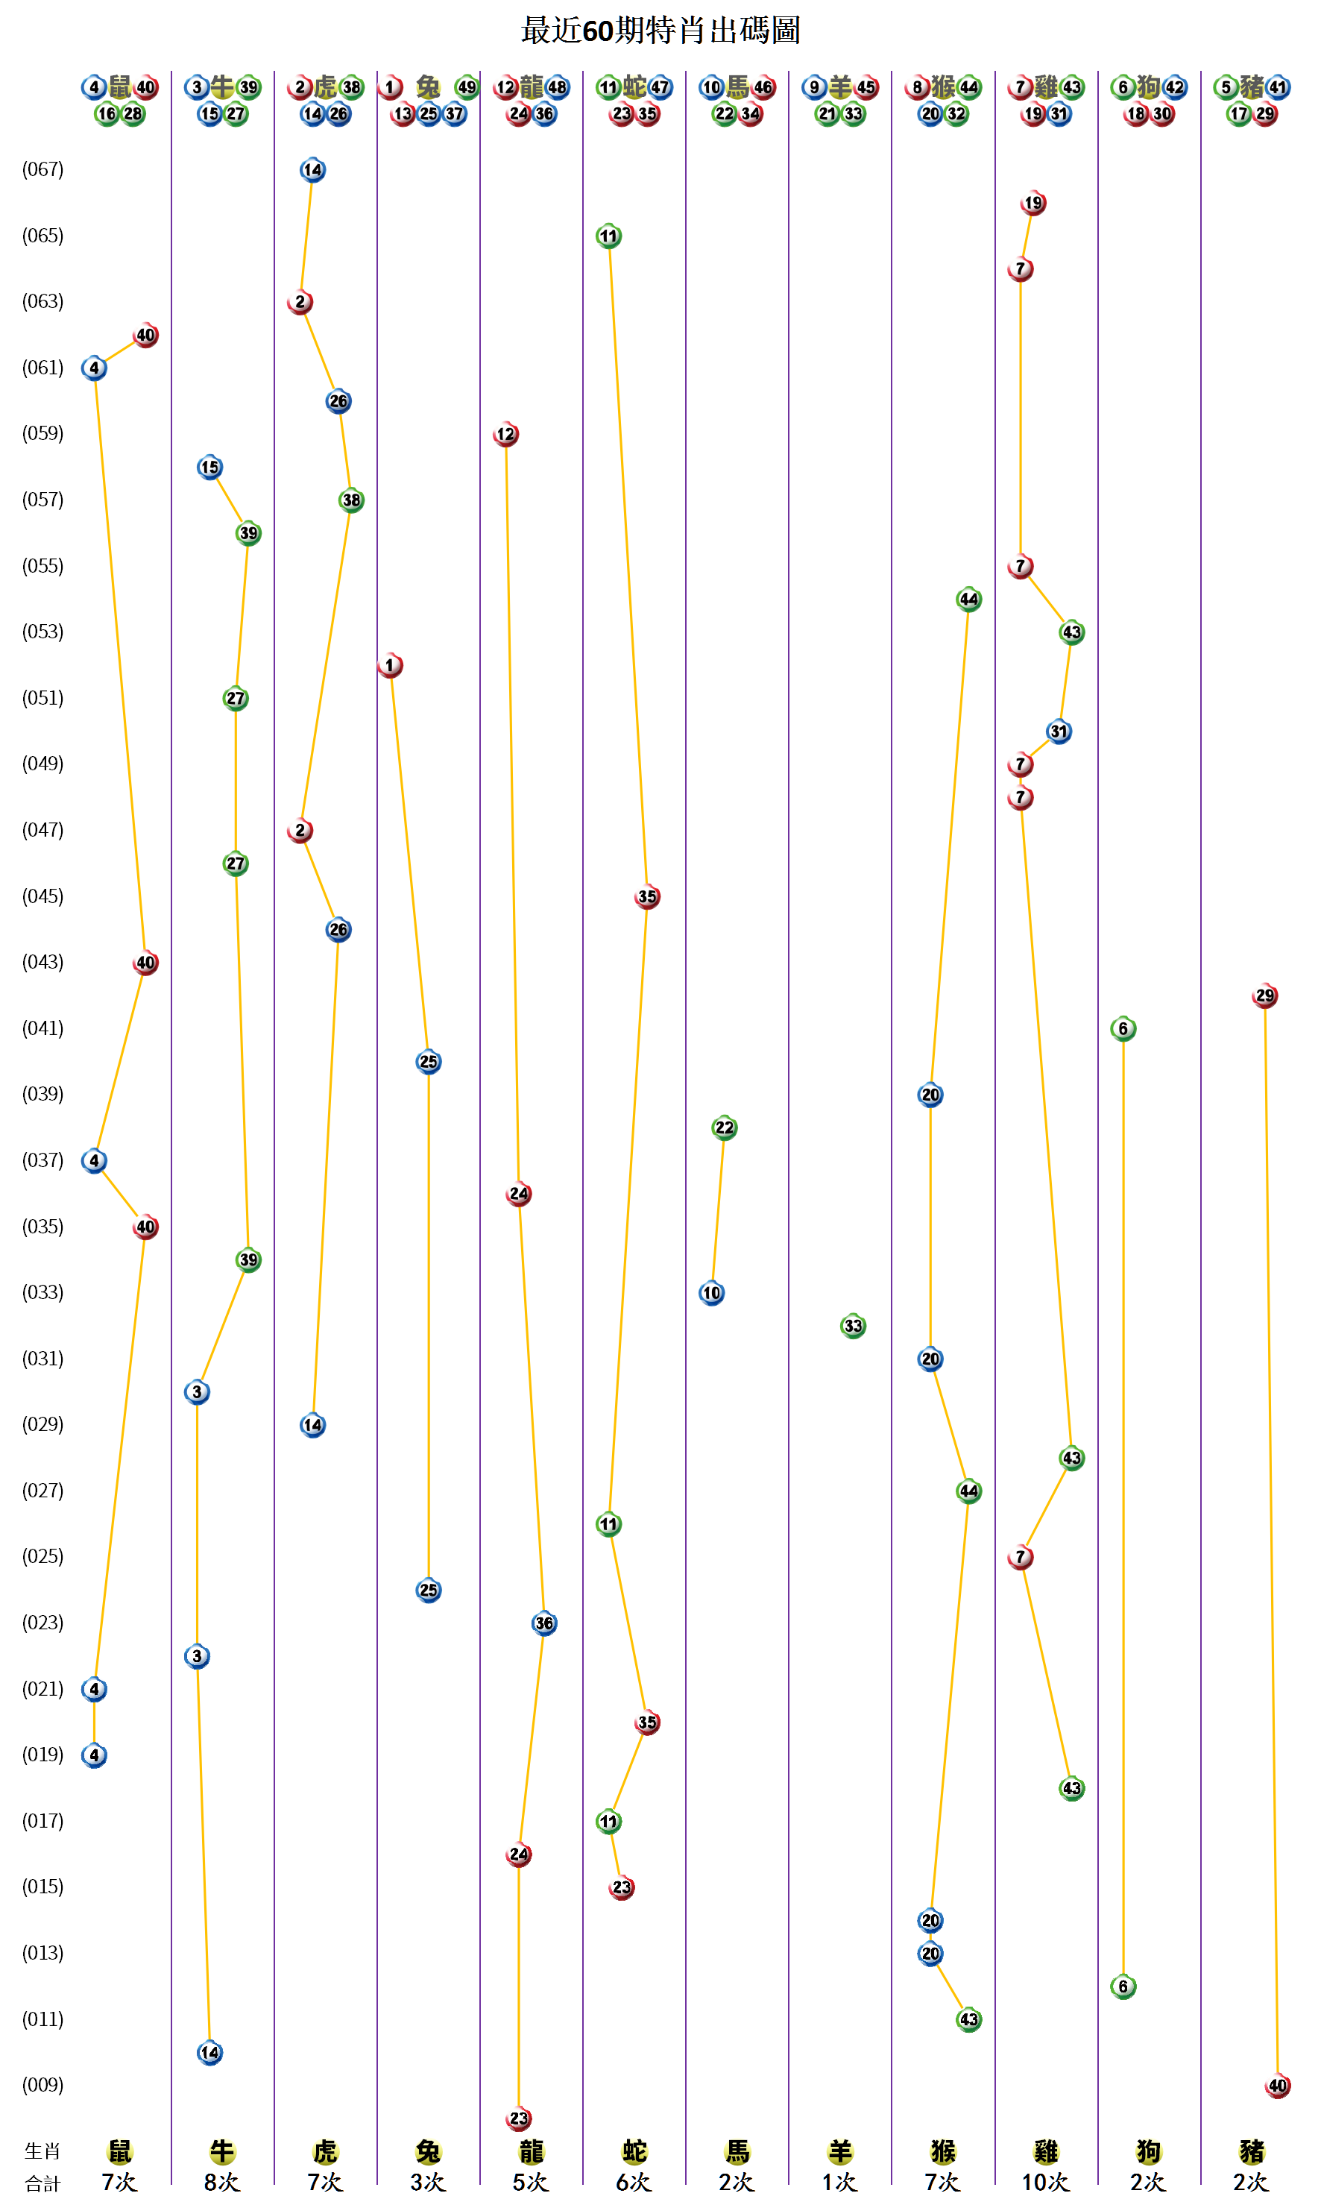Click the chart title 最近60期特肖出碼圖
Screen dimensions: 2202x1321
coord(660,31)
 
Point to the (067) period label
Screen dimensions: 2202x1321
coord(42,169)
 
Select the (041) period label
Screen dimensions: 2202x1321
coord(42,1028)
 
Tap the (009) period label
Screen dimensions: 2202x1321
coord(42,2084)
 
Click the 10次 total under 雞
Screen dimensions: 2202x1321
coord(1045,2183)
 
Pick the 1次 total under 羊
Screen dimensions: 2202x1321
coord(839,2183)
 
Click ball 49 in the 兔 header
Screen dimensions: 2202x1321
coord(467,87)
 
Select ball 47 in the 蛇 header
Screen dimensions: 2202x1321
coord(660,87)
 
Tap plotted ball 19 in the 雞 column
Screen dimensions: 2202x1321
coord(1032,203)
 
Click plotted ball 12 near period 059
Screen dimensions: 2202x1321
coord(505,435)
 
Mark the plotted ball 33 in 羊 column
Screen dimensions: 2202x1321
coord(853,1326)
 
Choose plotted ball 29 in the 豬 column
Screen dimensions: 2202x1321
coord(1264,995)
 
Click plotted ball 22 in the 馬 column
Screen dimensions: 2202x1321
coord(725,1128)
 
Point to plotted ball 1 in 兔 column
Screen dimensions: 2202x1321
coord(390,665)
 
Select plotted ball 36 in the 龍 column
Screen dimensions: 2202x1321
coord(544,1623)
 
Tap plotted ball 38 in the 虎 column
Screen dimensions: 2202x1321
coord(352,500)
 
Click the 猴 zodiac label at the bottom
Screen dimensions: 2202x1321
coord(943,2152)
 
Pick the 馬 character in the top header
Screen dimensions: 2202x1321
coord(737,86)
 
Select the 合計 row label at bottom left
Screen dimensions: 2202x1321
coord(42,2183)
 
